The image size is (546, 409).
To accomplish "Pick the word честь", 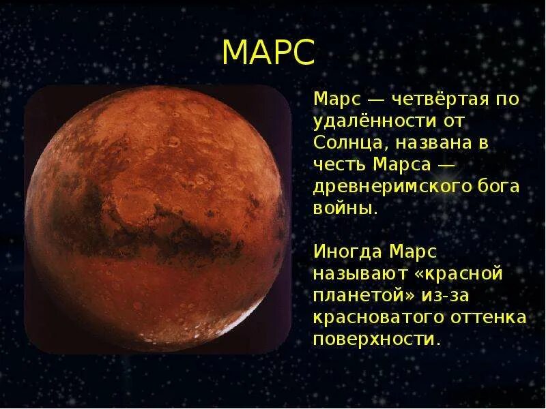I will pyautogui.click(x=341, y=165).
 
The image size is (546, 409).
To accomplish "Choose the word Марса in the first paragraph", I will pyautogui.click(x=405, y=165).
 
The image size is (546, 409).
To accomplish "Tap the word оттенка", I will pyautogui.click(x=491, y=318).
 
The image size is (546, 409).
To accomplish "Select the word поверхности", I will pyautogui.click(x=375, y=339).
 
